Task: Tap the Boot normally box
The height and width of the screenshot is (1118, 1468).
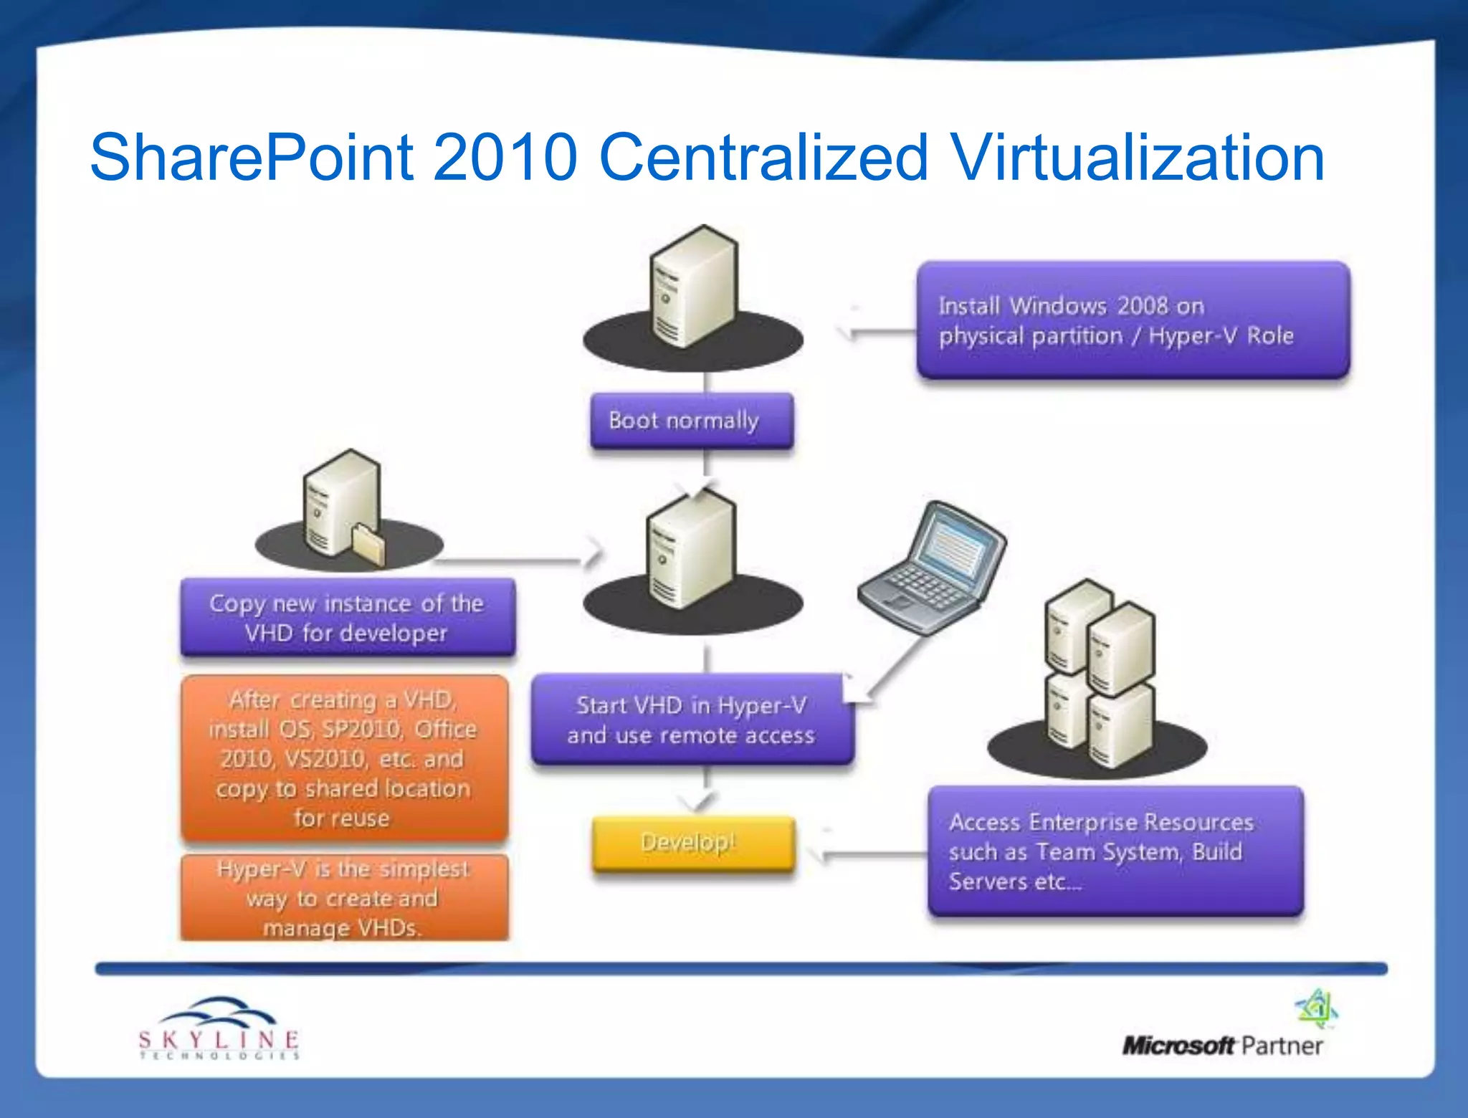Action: (691, 421)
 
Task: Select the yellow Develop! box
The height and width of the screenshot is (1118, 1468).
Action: (693, 844)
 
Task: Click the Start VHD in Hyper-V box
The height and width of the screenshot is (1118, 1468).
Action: (692, 720)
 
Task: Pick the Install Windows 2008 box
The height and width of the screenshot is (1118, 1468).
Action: (1133, 320)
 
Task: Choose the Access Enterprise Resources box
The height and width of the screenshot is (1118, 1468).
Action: (1115, 851)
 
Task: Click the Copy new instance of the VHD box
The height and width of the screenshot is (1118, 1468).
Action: (348, 618)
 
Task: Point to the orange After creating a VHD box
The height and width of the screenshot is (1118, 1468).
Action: (344, 758)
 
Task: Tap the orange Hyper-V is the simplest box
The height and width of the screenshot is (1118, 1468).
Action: (344, 897)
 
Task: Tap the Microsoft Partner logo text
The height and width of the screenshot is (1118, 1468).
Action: (1222, 1046)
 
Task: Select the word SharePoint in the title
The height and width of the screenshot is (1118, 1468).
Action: (251, 158)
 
